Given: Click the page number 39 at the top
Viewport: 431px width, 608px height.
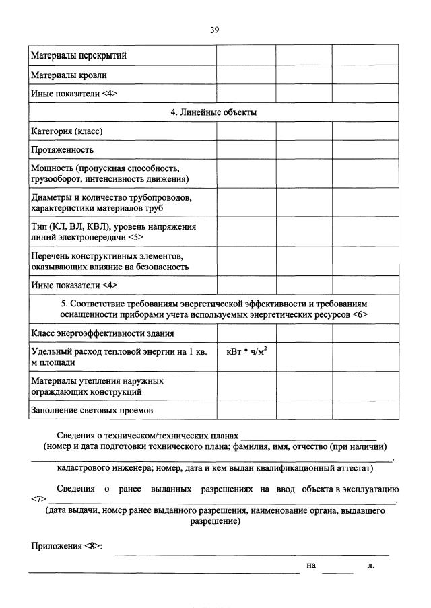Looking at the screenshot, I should click(x=215, y=30).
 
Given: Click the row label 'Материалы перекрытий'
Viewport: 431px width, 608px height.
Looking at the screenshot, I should click(x=79, y=56).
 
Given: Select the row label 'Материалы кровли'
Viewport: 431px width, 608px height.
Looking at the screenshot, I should click(x=69, y=75).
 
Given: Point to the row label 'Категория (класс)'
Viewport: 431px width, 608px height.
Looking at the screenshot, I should click(x=67, y=131).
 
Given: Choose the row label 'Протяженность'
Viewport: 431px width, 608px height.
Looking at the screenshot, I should click(x=63, y=149).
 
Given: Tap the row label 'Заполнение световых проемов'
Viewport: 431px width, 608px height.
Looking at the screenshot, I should click(x=92, y=409).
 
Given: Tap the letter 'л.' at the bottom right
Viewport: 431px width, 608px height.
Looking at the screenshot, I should click(x=371, y=565).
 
